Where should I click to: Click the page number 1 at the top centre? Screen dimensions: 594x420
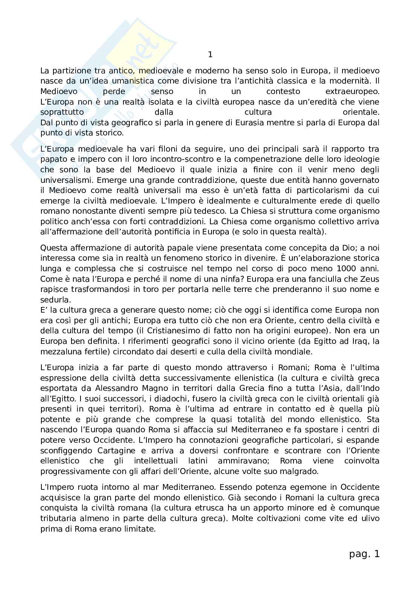pos(210,55)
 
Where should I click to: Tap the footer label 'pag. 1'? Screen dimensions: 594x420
pos(364,554)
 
